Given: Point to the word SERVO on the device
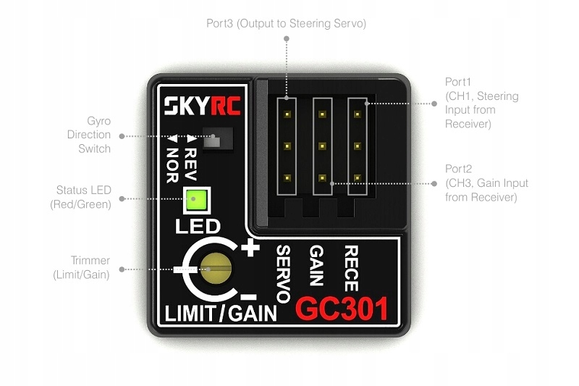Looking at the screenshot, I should pos(283,273).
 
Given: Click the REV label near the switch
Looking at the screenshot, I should pos(191,154).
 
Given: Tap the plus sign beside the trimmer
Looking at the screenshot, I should pos(251,249).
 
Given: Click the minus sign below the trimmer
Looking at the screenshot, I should pos(248,297).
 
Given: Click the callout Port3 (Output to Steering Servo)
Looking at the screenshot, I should pos(286,24).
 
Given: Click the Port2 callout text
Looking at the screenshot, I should pos(486,183).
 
